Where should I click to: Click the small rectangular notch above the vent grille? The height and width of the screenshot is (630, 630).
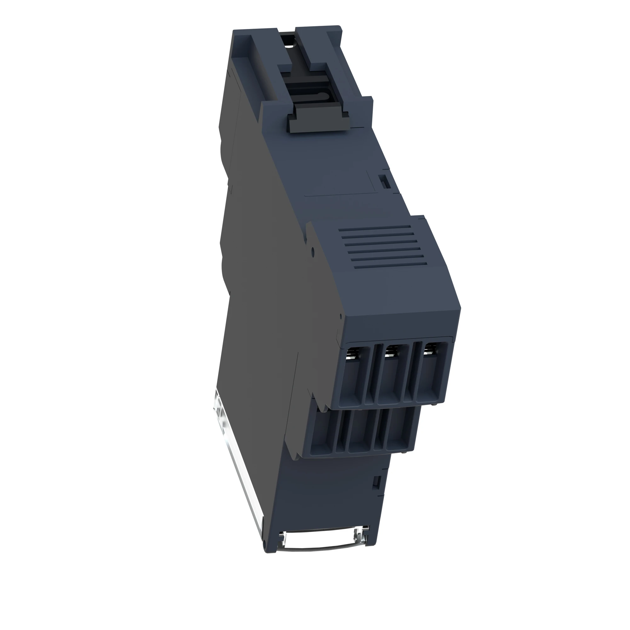pos(384,181)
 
